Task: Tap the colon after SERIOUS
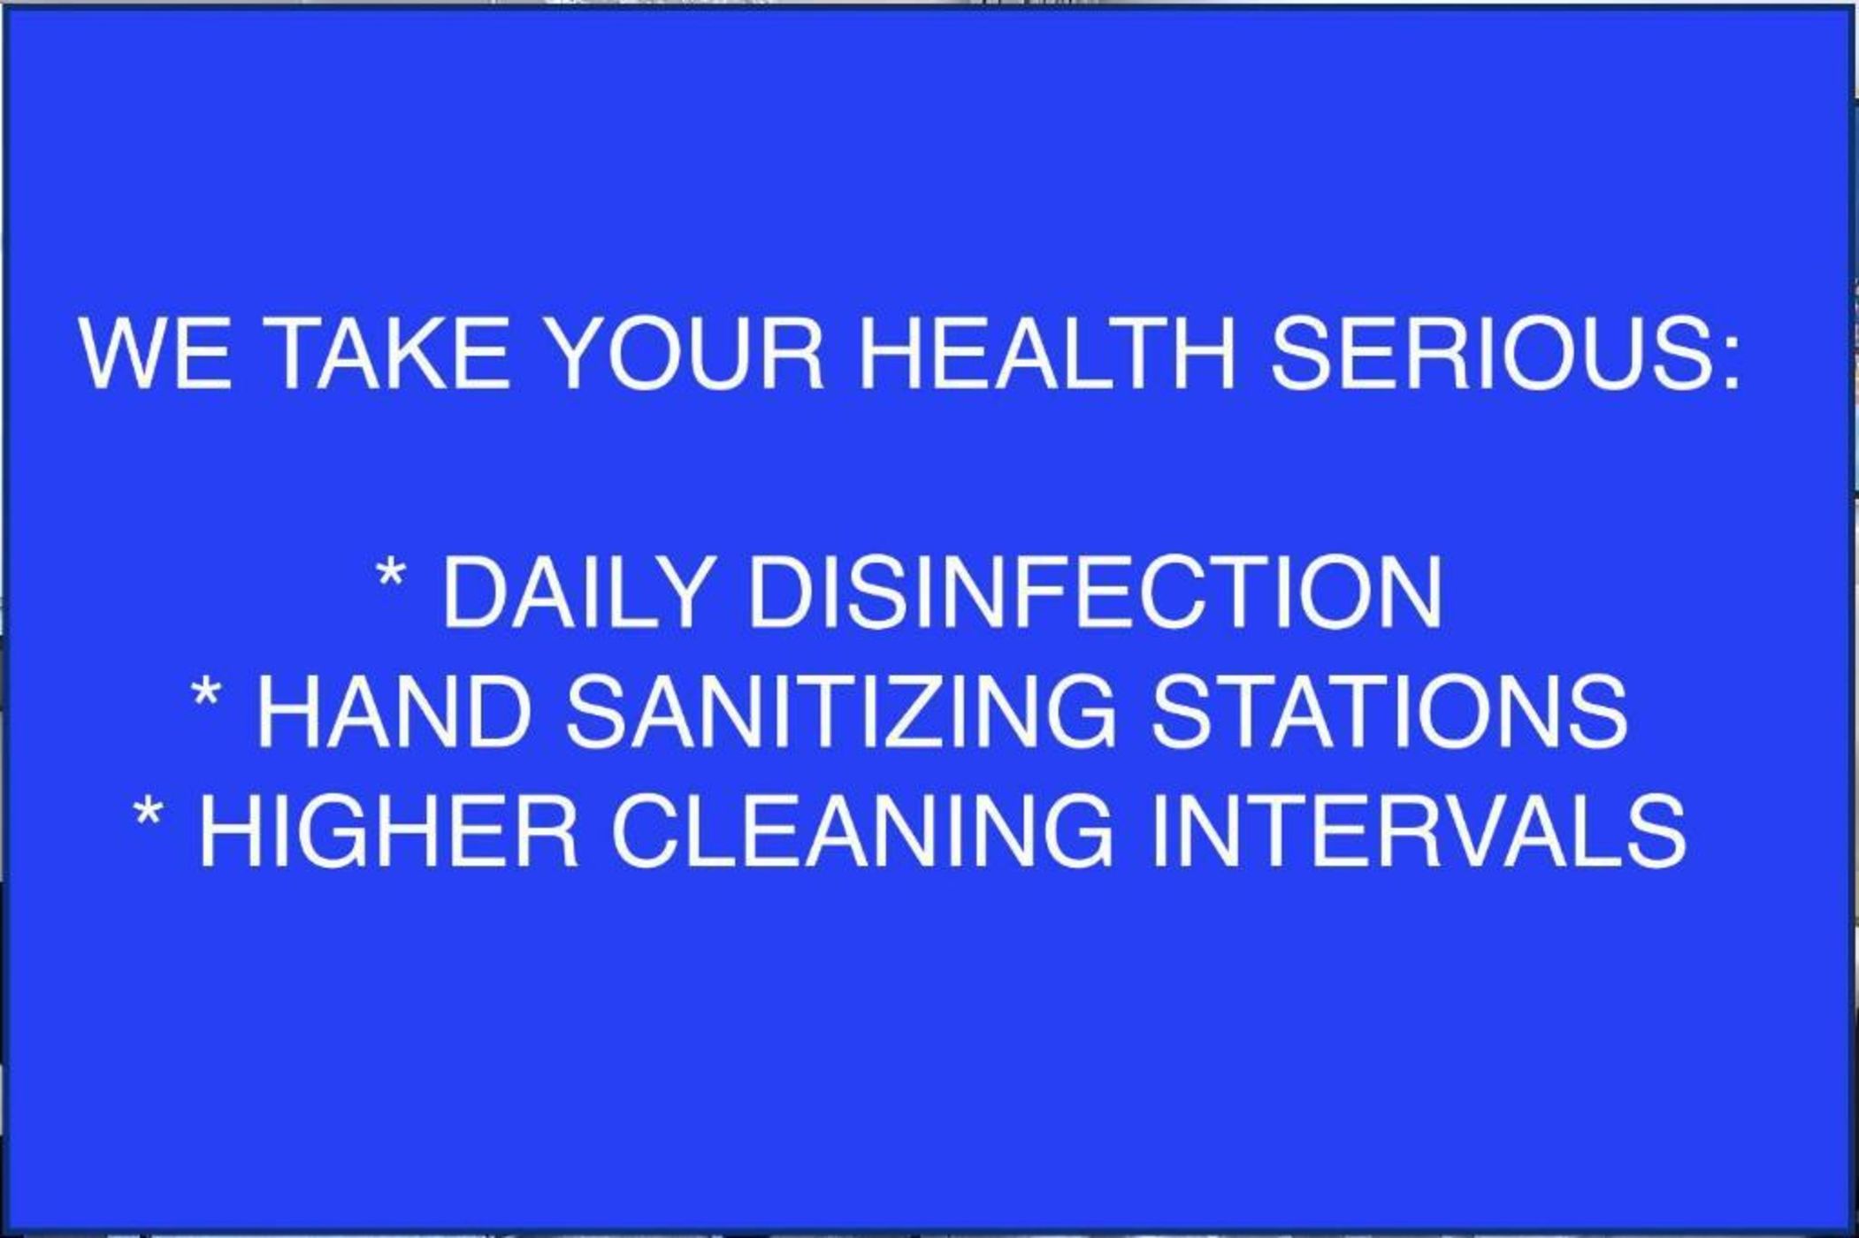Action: coord(1733,363)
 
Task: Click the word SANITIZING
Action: coord(841,712)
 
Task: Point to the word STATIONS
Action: coord(1389,712)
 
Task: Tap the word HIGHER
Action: coord(389,831)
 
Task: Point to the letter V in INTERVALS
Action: coord(1495,831)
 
